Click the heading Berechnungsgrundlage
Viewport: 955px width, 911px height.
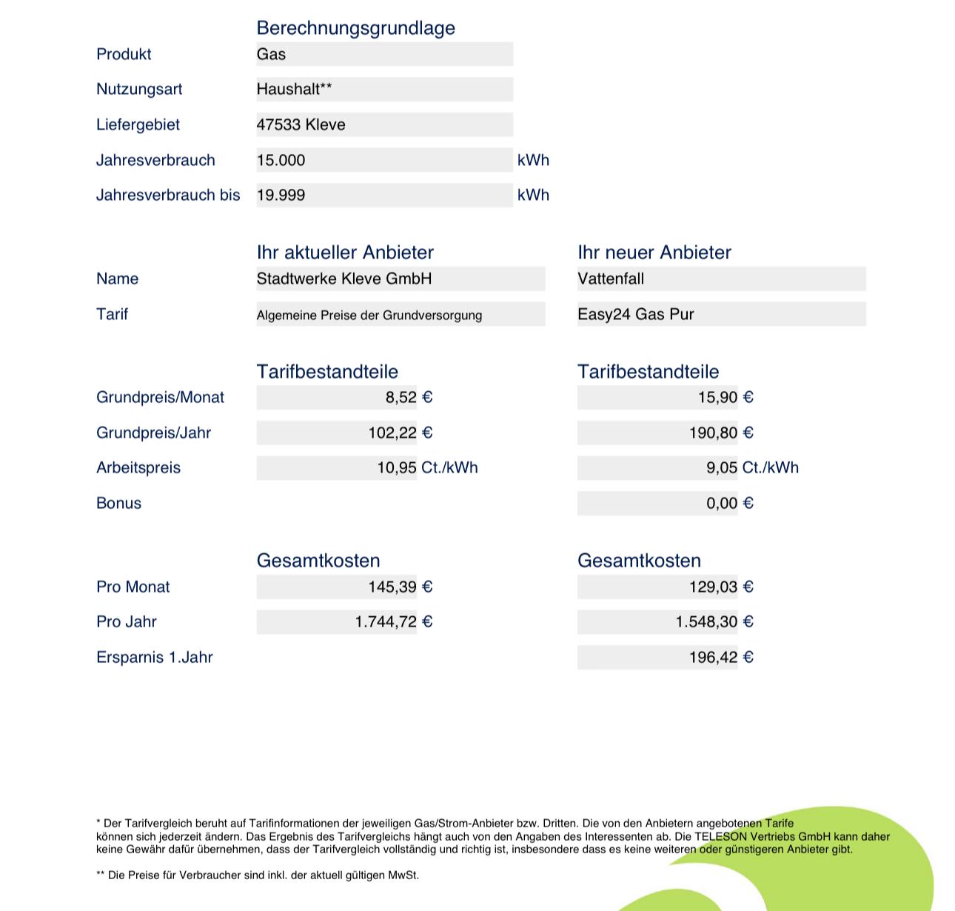click(355, 28)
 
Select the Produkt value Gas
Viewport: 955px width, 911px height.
click(272, 54)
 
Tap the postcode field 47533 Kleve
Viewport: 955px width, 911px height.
click(301, 124)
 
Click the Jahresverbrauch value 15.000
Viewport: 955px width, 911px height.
click(281, 160)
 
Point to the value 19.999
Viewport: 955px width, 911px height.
click(281, 196)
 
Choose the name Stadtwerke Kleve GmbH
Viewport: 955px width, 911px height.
click(344, 279)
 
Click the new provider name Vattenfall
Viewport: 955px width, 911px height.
click(611, 279)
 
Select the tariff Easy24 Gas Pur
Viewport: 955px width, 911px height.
click(636, 314)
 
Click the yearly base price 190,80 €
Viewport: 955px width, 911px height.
click(721, 433)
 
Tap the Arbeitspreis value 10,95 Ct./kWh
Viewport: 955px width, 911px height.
click(427, 468)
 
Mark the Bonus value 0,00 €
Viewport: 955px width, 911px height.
click(729, 504)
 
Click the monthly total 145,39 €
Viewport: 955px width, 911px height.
click(401, 587)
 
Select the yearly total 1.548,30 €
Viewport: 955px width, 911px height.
click(714, 622)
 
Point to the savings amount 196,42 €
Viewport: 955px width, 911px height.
click(721, 658)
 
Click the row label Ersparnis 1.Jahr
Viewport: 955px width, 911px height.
click(155, 658)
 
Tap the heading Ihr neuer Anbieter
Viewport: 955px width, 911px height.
click(654, 253)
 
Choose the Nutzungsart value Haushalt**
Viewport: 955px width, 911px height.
click(295, 90)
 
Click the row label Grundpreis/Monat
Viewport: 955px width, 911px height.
click(160, 398)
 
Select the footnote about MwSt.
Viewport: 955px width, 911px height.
click(258, 875)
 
